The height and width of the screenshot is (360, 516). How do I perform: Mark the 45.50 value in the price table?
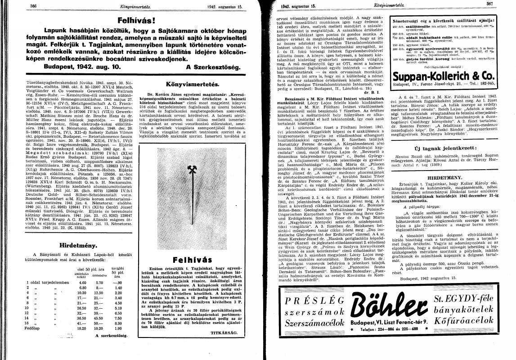[x=101, y=317]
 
